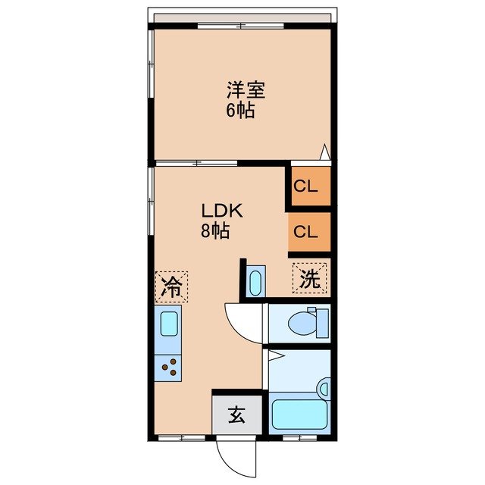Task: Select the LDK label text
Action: [221, 211]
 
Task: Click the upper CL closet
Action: [308, 185]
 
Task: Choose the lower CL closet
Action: [308, 232]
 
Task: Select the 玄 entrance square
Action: [236, 415]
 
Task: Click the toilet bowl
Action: [303, 323]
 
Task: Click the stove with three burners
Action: [171, 368]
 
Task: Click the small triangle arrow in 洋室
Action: [324, 152]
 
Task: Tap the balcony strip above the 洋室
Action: [242, 17]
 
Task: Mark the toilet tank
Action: [324, 323]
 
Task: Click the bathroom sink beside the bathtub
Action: [324, 388]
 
